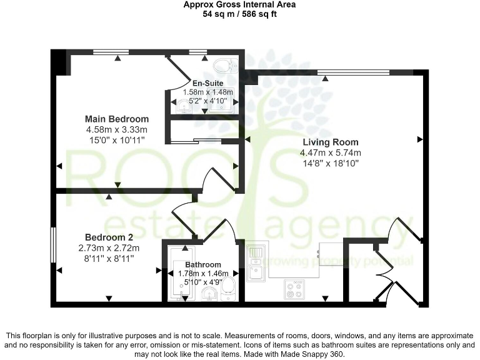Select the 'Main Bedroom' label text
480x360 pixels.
tap(117, 119)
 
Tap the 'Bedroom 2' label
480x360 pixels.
tap(109, 237)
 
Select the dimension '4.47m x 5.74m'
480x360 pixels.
tap(331, 153)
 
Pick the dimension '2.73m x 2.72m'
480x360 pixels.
tap(109, 248)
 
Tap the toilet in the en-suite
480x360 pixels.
tap(223, 65)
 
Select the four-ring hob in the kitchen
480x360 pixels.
tap(294, 289)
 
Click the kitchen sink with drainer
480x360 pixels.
tap(256, 262)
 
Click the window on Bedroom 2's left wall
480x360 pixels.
tap(53, 246)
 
